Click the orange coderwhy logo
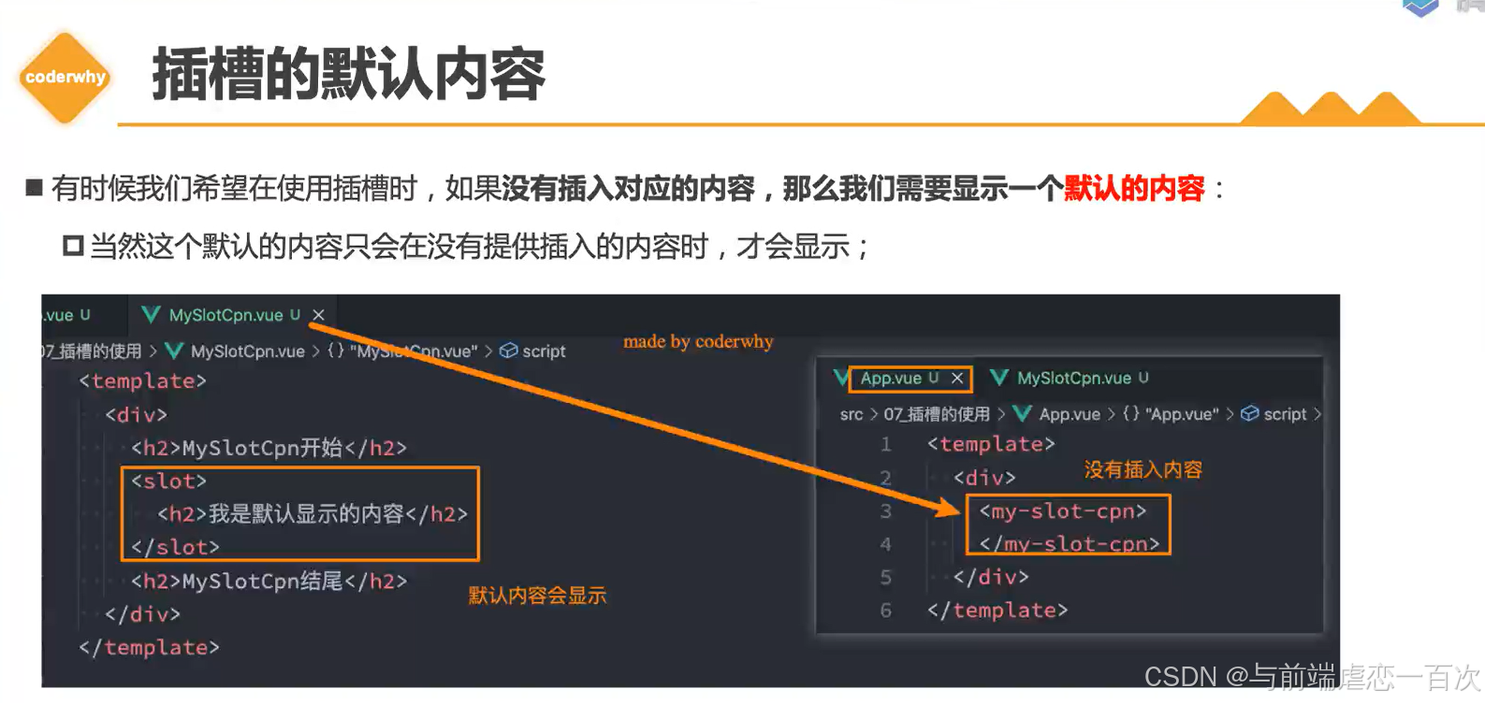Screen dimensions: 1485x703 pyautogui.click(x=65, y=78)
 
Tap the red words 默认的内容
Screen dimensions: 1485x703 pyautogui.click(x=1133, y=189)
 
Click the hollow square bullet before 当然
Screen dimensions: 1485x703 pyautogui.click(x=73, y=247)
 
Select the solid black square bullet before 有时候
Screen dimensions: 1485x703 pyautogui.click(x=35, y=188)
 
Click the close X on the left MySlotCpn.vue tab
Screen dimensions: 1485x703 pyautogui.click(x=318, y=315)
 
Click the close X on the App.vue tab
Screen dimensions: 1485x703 pyautogui.click(x=956, y=378)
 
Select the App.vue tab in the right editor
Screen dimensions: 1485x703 pyautogui.click(x=890, y=378)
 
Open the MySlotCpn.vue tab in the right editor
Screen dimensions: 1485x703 pyautogui.click(x=1073, y=378)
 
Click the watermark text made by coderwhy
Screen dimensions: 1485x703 pyautogui.click(x=698, y=341)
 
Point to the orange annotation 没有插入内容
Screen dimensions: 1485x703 pyautogui.click(x=1143, y=469)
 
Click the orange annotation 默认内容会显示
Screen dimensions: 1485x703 pyautogui.click(x=537, y=595)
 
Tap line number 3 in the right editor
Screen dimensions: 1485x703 pyautogui.click(x=885, y=511)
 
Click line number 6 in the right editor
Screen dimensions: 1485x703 pyautogui.click(x=885, y=610)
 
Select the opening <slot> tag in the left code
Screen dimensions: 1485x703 pyautogui.click(x=168, y=481)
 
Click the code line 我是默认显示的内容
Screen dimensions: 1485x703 pyautogui.click(x=312, y=514)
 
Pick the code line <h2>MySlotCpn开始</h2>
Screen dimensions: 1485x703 pyautogui.click(x=269, y=448)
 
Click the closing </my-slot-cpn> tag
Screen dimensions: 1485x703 pyautogui.click(x=1069, y=544)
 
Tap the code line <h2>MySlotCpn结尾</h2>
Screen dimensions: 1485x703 pyautogui.click(x=269, y=581)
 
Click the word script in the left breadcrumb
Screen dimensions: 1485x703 pyautogui.click(x=543, y=351)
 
